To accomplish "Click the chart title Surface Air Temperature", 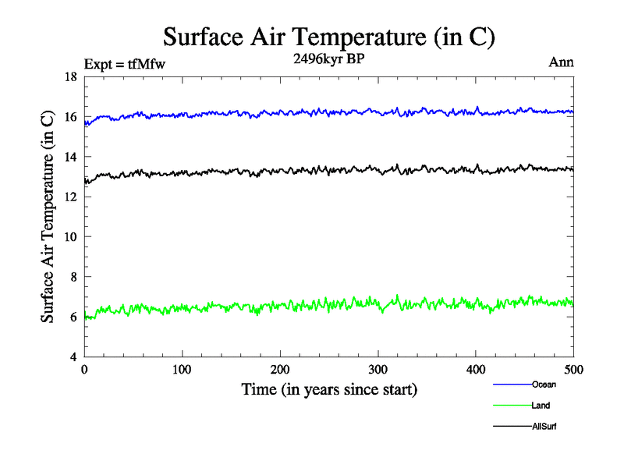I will click(x=328, y=37).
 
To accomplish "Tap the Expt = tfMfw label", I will click(x=126, y=64).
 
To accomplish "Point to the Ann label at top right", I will click(x=561, y=62).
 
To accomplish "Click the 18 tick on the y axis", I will click(x=70, y=77).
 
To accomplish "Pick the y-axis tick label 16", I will click(x=70, y=117).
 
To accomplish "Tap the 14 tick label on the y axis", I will click(x=70, y=157).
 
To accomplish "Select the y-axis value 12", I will click(x=70, y=197).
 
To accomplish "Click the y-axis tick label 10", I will click(x=70, y=237).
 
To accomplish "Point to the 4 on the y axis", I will click(x=73, y=357).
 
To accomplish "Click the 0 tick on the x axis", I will click(x=84, y=370).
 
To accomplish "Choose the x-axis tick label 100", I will click(x=182, y=370).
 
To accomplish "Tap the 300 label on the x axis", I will click(x=378, y=370).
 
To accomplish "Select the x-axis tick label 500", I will click(x=573, y=370).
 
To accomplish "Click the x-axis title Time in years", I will click(x=328, y=389).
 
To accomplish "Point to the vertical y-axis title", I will click(x=48, y=217).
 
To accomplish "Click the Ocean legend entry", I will click(x=544, y=385).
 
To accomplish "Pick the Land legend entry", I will click(x=541, y=406).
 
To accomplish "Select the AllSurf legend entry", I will click(x=544, y=427).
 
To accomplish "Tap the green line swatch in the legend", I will click(x=512, y=406).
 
